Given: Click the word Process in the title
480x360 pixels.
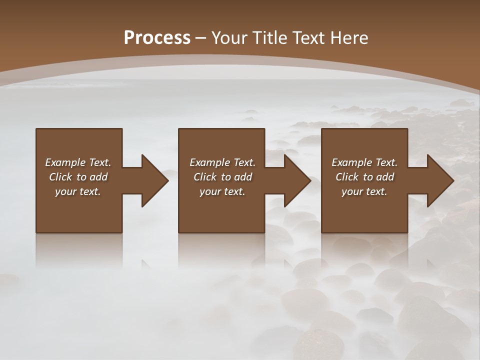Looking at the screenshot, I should click(x=157, y=37).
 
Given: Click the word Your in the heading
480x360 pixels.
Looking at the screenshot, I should click(x=229, y=37).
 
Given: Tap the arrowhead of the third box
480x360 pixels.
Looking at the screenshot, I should click(x=440, y=180).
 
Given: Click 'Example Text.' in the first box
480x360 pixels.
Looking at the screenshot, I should click(x=78, y=162).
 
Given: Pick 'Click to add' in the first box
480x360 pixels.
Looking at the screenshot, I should click(x=78, y=177).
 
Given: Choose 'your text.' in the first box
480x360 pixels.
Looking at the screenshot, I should click(x=78, y=191).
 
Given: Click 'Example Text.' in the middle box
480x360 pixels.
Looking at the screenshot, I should click(x=222, y=162).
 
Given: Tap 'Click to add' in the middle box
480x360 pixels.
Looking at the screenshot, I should click(x=222, y=177).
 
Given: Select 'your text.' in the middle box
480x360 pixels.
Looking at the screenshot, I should click(x=222, y=191).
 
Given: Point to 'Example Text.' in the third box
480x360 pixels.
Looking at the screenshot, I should click(x=364, y=162).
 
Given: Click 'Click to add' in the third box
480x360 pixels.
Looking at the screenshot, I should click(x=364, y=177).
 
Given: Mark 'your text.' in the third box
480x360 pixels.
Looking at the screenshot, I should click(x=364, y=191).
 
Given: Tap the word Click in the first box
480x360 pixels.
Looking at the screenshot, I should click(x=60, y=177).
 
